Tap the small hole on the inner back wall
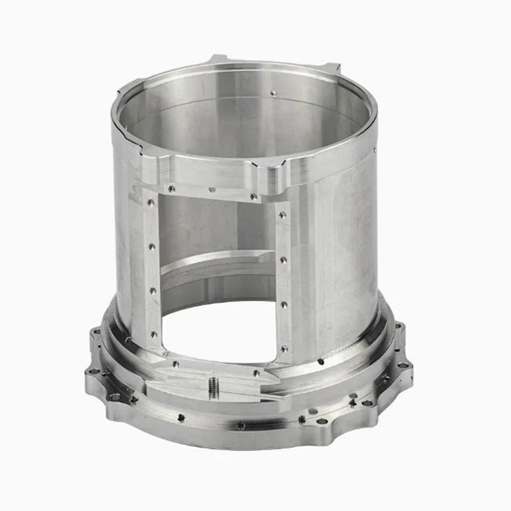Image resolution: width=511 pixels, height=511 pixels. pos(273,93)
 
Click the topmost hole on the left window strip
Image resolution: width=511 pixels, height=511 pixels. pos(151,202)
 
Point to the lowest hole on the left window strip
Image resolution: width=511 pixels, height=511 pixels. pos(153,333)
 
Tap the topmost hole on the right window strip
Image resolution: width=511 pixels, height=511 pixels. pos(282,215)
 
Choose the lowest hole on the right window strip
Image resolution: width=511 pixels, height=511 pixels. pos(284,349)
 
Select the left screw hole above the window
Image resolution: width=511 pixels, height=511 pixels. pos(171,188)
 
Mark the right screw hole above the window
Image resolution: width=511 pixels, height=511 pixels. pos(254,196)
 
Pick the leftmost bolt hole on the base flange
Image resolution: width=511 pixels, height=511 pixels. pos(91,372)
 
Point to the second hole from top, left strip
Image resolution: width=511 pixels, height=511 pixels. pos(152,246)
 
